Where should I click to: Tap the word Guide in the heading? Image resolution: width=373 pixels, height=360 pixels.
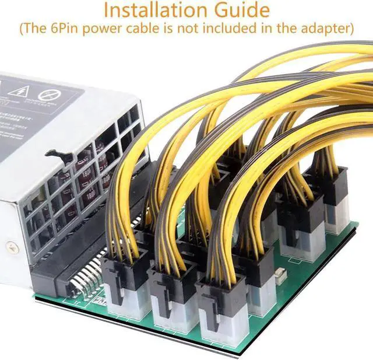(240, 10)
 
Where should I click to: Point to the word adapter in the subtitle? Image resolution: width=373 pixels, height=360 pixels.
(323, 28)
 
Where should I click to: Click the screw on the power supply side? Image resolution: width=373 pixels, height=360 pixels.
(12, 248)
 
